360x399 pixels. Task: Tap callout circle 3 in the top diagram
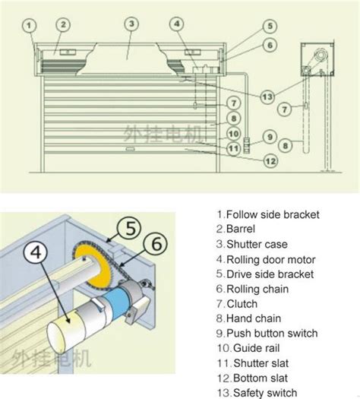[131, 24]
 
